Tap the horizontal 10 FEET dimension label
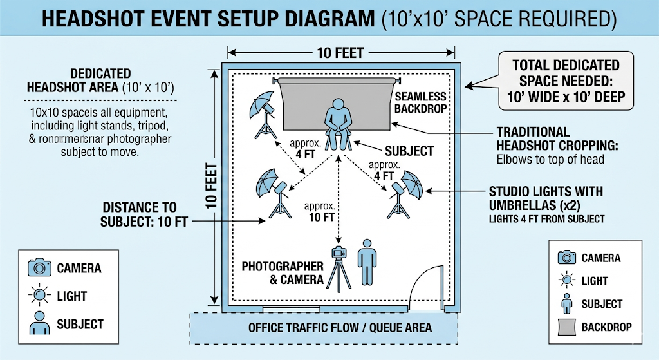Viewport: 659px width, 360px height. [340, 53]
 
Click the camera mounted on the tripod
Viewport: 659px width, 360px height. [339, 252]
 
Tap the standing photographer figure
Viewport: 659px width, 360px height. [367, 262]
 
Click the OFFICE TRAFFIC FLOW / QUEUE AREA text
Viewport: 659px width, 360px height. [340, 328]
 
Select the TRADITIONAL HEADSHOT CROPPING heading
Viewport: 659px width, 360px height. [552, 138]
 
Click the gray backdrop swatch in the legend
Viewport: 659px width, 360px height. [566, 327]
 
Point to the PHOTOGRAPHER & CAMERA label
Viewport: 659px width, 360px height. [282, 272]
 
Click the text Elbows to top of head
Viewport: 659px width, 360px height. [550, 158]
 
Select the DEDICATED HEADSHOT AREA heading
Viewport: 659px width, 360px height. [100, 80]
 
